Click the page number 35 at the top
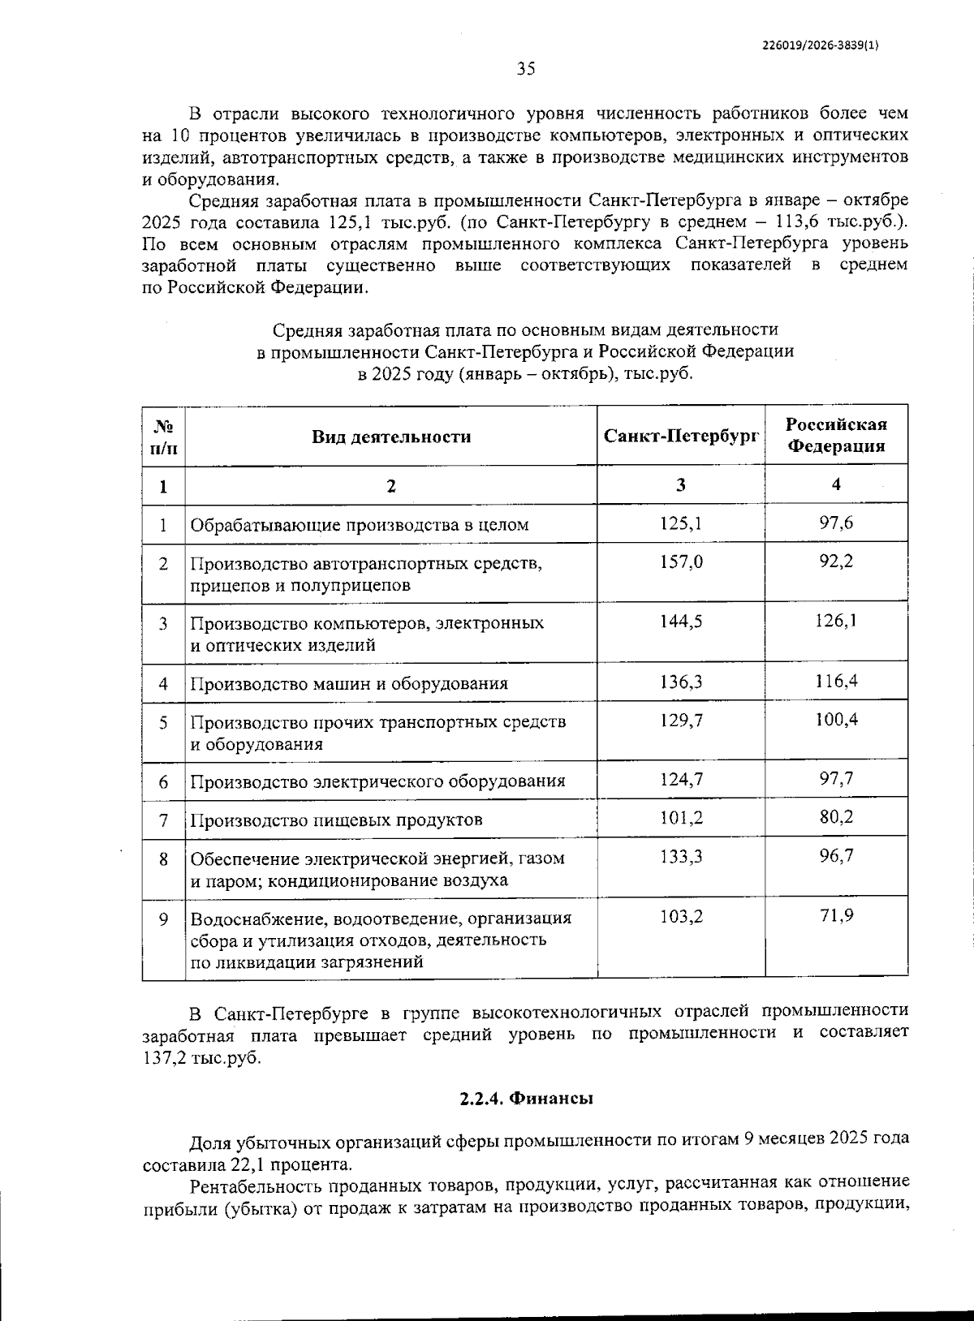pyautogui.click(x=526, y=69)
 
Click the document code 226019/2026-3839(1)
pyautogui.click(x=821, y=46)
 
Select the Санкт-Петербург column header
pyautogui.click(x=680, y=436)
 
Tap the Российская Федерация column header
pyautogui.click(x=836, y=436)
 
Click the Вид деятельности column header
pyautogui.click(x=391, y=437)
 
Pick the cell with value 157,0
pyautogui.click(x=680, y=562)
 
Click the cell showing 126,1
pyautogui.click(x=836, y=622)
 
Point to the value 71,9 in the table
pyautogui.click(x=836, y=916)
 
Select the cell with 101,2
pyautogui.click(x=680, y=817)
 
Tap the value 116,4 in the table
pyautogui.click(x=836, y=681)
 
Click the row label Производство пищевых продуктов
pyautogui.click(x=336, y=820)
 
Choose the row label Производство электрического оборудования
pyautogui.click(x=377, y=781)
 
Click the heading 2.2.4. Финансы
pyautogui.click(x=526, y=1099)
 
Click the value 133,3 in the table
pyautogui.click(x=680, y=856)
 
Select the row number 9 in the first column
pyautogui.click(x=163, y=919)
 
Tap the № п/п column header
pyautogui.click(x=163, y=436)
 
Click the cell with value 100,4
pyautogui.click(x=836, y=720)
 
